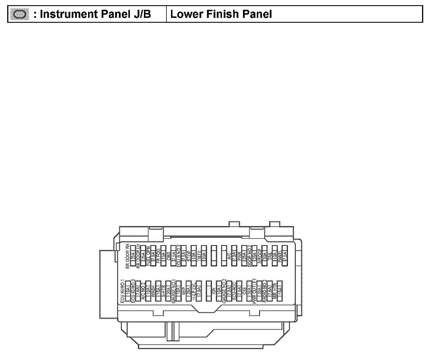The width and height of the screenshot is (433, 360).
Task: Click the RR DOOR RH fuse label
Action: coord(128,256)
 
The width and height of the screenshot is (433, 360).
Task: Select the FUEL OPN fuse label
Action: coord(148,256)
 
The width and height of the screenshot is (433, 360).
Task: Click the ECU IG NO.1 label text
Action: coord(122,291)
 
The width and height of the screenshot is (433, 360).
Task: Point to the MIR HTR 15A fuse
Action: coord(279,291)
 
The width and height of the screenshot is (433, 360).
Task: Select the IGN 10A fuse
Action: coord(219,291)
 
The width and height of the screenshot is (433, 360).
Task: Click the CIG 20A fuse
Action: coord(249,291)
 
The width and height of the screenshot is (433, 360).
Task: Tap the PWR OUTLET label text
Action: coord(254,291)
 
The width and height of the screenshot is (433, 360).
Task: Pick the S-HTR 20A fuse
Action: coord(168,291)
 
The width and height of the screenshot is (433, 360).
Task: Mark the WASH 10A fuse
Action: coord(158,291)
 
